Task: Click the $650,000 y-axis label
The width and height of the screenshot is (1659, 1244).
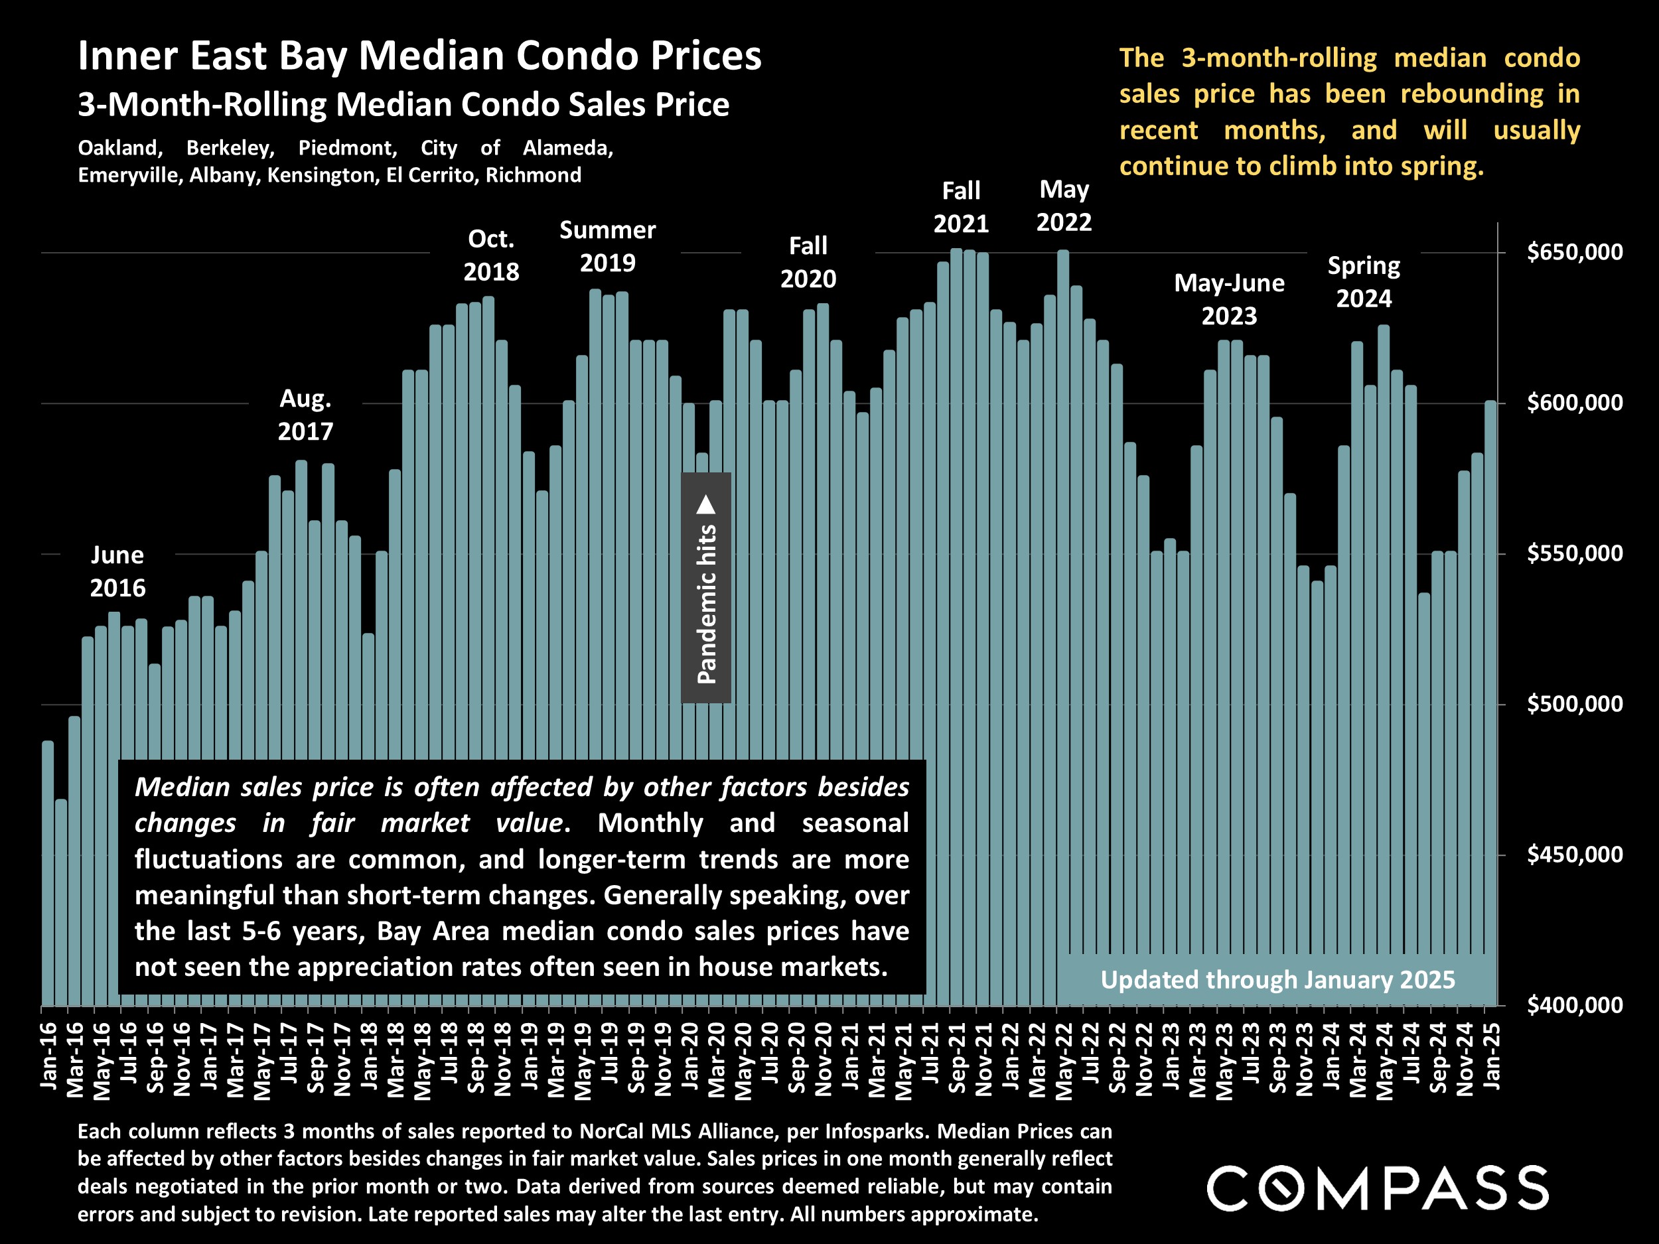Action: coord(1574,252)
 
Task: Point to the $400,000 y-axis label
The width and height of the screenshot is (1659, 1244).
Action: coord(1574,1004)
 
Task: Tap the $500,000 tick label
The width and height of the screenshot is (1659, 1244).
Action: coord(1574,704)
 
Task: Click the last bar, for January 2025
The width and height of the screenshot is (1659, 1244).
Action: coord(1490,675)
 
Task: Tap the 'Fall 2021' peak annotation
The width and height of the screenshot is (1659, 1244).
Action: coord(961,207)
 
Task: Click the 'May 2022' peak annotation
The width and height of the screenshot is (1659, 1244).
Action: coord(1064,206)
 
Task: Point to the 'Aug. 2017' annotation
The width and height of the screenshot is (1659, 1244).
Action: coord(305,415)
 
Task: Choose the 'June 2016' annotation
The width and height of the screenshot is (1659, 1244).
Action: coord(117,571)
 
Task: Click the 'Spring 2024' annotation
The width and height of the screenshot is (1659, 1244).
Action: coord(1364,282)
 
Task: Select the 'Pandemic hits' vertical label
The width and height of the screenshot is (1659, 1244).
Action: coord(707,604)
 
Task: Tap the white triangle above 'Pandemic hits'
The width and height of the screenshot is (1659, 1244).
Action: coord(706,505)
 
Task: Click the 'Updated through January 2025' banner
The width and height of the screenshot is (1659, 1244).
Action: coord(1277,980)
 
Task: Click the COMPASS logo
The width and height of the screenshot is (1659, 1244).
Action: coord(1377,1188)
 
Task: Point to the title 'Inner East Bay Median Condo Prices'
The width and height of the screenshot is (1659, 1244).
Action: coord(419,56)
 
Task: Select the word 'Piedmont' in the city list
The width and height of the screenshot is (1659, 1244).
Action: coord(347,148)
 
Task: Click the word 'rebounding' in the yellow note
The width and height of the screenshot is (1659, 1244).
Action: coord(1471,94)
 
